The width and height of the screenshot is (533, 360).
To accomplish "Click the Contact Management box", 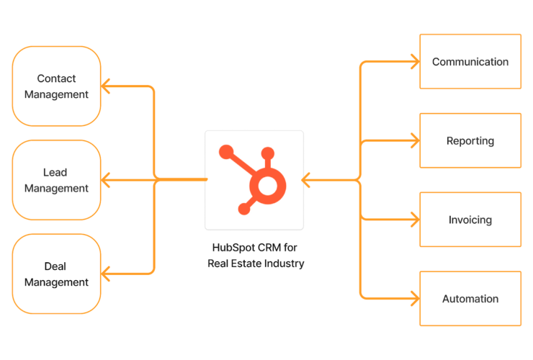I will click(x=56, y=86).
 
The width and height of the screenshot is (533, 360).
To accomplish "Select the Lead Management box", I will click(x=56, y=180).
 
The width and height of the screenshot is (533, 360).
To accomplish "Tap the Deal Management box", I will click(x=56, y=274).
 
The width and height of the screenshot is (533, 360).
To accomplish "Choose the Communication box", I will click(x=470, y=62).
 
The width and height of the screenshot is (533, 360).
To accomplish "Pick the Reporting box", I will click(x=470, y=140).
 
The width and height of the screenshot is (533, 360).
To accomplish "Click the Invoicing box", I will click(x=470, y=220).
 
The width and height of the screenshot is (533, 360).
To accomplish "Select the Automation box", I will click(x=470, y=299).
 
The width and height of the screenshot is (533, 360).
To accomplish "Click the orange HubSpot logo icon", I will click(x=254, y=180).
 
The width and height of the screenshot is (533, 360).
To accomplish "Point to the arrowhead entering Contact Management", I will click(x=105, y=86).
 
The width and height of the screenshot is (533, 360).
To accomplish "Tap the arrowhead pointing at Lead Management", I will click(x=105, y=179).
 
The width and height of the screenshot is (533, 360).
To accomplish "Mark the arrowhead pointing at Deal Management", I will click(x=105, y=274).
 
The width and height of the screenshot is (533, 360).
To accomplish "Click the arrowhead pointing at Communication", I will click(x=415, y=62).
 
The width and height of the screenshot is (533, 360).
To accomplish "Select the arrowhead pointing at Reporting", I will click(x=415, y=140).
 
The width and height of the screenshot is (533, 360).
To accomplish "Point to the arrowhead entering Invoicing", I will click(x=415, y=219).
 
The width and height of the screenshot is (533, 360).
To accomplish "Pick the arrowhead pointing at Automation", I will click(x=415, y=297).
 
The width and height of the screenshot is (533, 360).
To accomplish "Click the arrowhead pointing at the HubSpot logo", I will click(x=305, y=179).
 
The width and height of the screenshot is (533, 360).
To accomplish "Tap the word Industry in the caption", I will click(x=285, y=264).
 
